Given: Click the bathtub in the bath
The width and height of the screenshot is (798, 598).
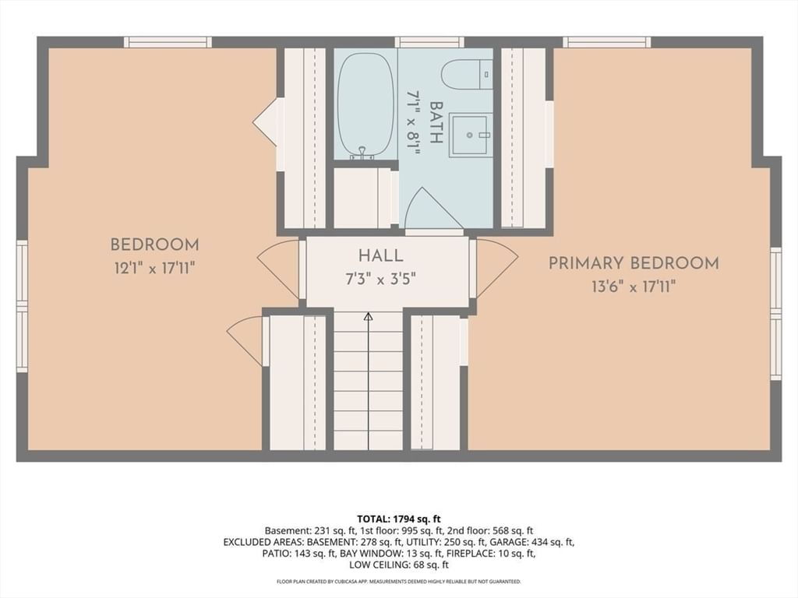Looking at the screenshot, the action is point(365,106).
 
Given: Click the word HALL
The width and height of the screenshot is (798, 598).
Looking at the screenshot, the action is point(380,255).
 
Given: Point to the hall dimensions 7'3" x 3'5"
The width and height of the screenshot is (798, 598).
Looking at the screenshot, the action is point(381,279).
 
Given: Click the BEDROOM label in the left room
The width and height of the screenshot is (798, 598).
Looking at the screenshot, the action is point(155,244).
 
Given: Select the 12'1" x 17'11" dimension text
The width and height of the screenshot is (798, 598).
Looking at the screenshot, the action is point(155,268).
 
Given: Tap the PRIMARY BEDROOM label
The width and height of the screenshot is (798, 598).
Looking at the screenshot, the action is point(634,263).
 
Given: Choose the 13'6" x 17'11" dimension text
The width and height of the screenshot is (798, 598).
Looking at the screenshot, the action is point(634,287).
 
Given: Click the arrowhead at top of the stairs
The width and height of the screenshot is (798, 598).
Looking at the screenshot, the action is point(369,317).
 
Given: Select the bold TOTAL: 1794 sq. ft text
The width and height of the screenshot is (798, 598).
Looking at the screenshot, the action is point(398,519).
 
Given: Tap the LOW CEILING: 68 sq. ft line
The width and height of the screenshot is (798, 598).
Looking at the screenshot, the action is point(398,565).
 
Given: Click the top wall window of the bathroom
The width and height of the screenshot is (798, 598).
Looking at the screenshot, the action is point(429,42).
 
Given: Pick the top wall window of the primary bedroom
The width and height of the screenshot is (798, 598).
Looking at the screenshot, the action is point(606,42).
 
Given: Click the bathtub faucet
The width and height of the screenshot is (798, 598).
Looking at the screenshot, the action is point(362,154).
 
